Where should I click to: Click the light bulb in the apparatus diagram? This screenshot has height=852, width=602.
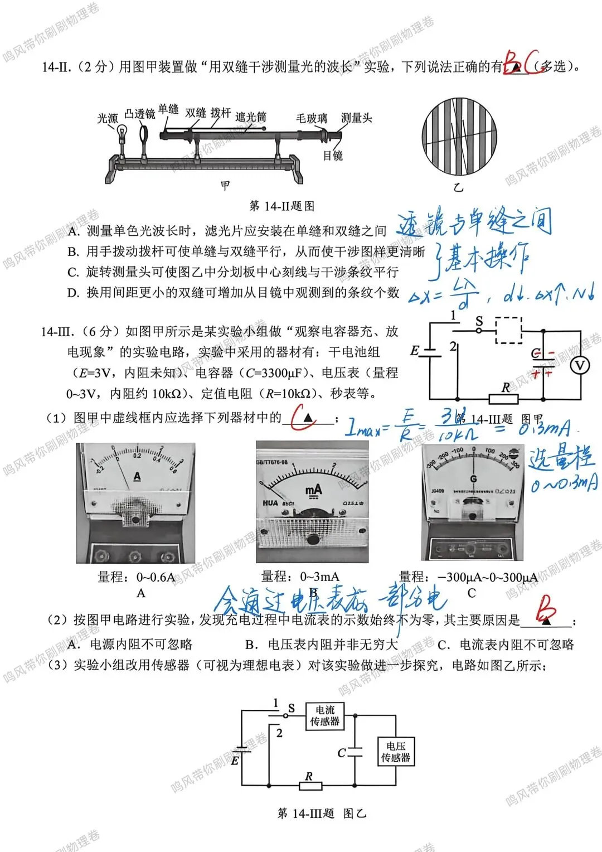pos(122,133)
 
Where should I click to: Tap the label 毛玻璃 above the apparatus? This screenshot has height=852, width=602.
pos(311,118)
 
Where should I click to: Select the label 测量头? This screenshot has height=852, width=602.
pos(356,118)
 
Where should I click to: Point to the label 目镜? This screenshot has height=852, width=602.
pos(333,156)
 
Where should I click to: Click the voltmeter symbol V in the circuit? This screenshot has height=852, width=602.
pos(580,365)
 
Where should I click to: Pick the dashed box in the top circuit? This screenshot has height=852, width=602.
pos(508,330)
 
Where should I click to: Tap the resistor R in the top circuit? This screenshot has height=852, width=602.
pos(503,398)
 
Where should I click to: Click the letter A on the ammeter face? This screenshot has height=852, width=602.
pos(137,477)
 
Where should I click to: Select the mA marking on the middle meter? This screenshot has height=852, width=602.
pos(314,490)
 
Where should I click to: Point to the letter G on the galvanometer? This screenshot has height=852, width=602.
pos(473,478)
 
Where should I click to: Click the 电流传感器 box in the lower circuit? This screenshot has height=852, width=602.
pos(324,716)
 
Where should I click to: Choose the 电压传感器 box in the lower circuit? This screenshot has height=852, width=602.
pos(395,752)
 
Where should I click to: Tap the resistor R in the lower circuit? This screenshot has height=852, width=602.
pos(310,786)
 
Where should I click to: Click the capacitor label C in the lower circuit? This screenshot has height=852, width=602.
pos(342,753)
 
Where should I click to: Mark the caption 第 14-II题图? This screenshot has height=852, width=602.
pos(281,206)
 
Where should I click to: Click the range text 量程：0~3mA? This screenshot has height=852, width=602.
pos(300,577)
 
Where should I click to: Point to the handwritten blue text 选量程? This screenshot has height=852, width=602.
pos(561,458)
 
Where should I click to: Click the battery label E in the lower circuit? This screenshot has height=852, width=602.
pos(235,760)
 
